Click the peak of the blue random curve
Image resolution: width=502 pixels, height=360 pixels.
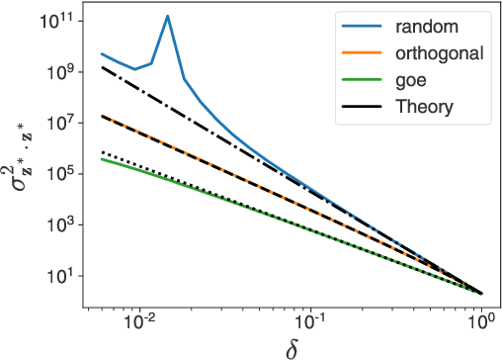168,16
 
